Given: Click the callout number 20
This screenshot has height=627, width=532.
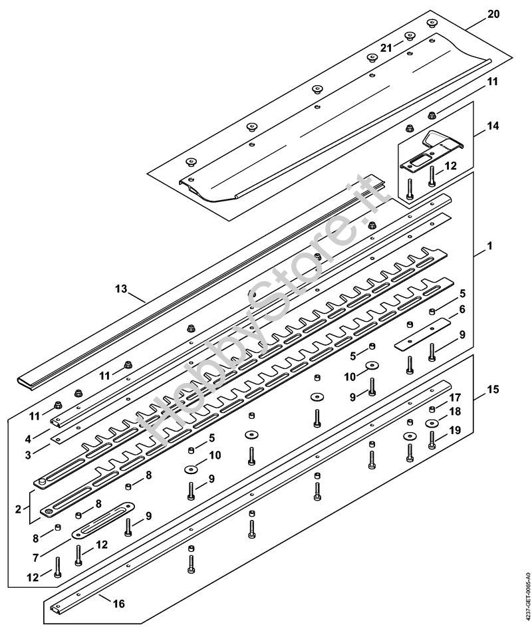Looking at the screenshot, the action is pos(493,14).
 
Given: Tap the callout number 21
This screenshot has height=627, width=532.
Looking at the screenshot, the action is pos(386,48).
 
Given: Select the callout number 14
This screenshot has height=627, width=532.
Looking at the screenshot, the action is pos(493,126).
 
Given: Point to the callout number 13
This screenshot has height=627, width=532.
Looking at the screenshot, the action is pos(121,289).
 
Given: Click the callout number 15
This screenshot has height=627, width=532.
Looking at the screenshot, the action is pos(493,389).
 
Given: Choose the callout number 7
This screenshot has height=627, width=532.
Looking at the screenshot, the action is pos(36,557).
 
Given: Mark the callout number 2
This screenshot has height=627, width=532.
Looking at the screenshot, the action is pos(18,509).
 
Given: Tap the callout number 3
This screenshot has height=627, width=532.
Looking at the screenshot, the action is pos(28,455).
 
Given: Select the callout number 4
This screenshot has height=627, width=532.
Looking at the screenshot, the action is pos(28,439).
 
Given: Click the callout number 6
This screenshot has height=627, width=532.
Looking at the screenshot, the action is pos(462,309).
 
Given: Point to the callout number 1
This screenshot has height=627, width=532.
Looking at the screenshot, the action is pos(489,245).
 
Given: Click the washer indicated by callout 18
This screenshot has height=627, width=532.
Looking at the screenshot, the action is pos(432,423).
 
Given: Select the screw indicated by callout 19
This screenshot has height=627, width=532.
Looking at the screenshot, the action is pos(432,440).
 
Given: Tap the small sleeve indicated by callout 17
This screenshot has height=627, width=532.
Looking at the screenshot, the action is pos(432,409).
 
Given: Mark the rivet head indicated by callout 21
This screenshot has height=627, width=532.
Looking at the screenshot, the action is pos(409,36).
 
